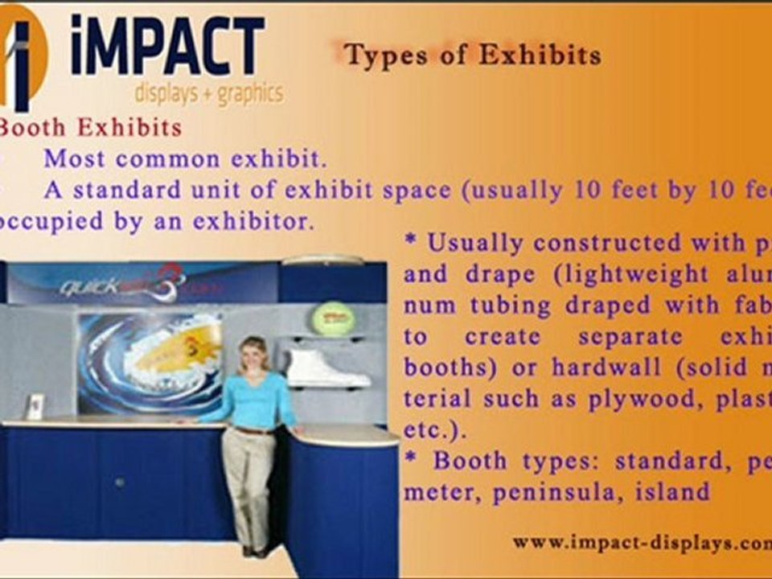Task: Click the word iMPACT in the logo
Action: (167, 47)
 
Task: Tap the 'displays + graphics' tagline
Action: (208, 93)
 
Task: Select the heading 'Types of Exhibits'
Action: (472, 55)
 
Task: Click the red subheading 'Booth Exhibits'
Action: (90, 127)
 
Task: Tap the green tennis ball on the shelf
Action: (333, 318)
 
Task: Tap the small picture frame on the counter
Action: (35, 406)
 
